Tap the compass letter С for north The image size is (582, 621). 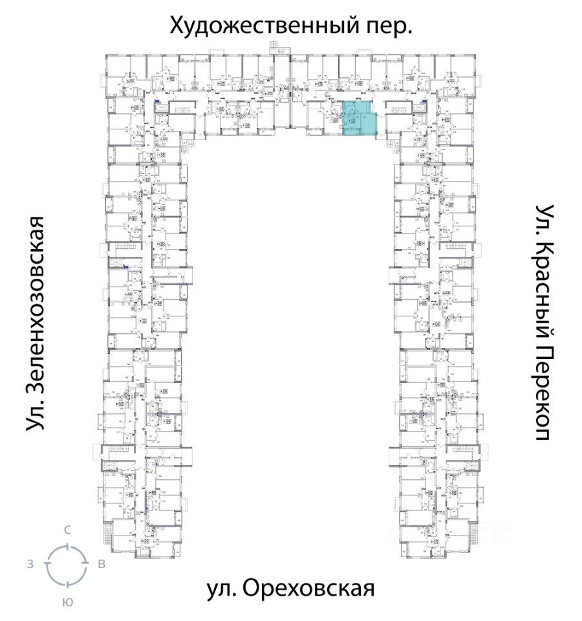[x=67, y=530]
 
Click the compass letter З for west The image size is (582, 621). [x=30, y=564]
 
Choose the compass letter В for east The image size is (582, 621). [x=102, y=564]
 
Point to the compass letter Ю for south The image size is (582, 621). [x=67, y=602]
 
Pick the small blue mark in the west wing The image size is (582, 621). [x=127, y=267]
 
